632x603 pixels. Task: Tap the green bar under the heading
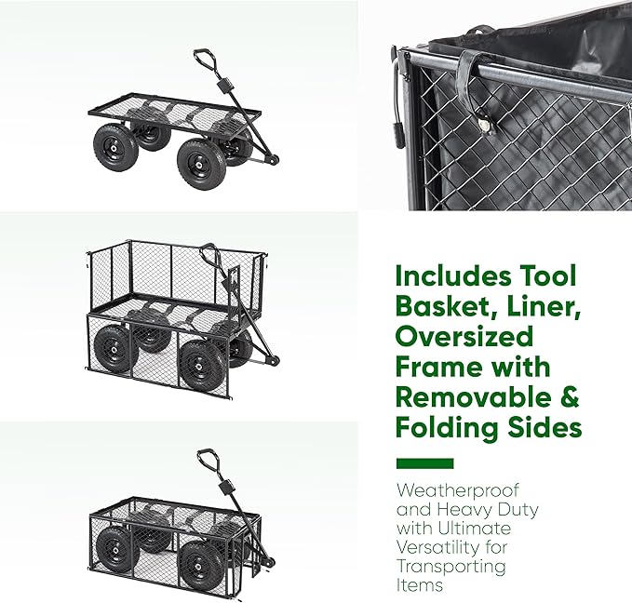click(x=424, y=463)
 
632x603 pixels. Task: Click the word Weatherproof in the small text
click(x=445, y=489)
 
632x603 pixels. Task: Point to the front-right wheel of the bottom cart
click(x=200, y=562)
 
